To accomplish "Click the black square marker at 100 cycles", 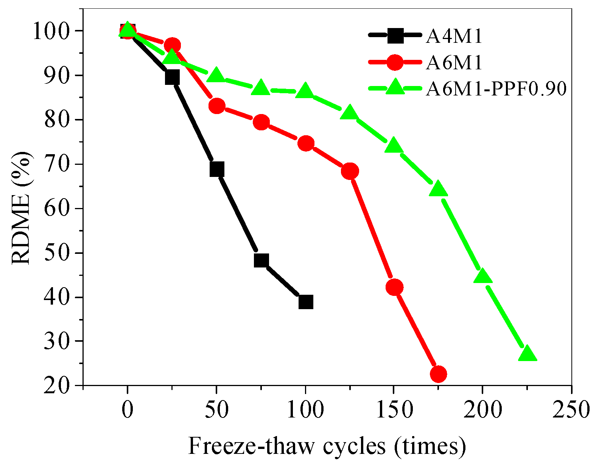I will click(x=306, y=302).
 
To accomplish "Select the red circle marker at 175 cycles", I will click(x=439, y=374).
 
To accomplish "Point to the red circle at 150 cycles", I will click(x=394, y=288).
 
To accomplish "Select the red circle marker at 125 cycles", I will click(x=350, y=171).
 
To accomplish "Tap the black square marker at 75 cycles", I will click(x=261, y=260).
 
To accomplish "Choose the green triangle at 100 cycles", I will click(x=305, y=92).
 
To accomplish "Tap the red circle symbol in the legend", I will click(x=395, y=62).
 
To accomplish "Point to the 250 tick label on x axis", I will click(x=571, y=410).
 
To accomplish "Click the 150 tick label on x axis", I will click(x=394, y=410).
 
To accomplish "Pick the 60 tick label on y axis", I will click(x=56, y=209).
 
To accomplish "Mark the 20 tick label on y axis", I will click(x=56, y=386).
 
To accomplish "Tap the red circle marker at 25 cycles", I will click(x=173, y=45).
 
